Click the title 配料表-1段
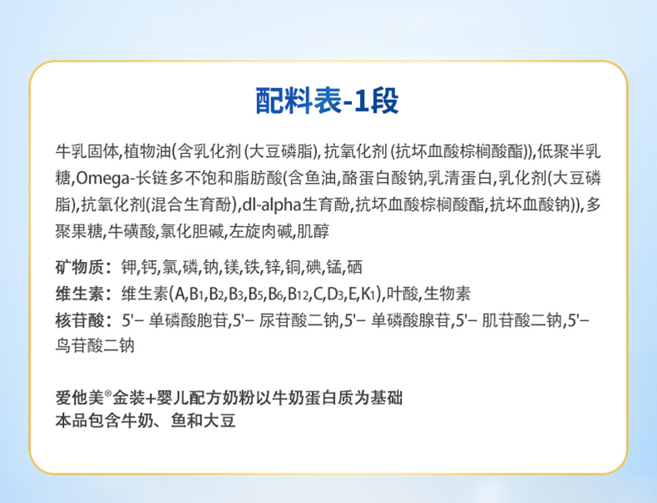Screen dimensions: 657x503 point(327,101)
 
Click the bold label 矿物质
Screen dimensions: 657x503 point(79,267)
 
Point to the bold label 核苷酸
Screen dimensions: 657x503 point(79,321)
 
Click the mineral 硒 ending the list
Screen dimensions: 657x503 point(354,267)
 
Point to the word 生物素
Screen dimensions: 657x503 point(447,294)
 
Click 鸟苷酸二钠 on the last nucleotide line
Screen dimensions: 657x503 point(95,346)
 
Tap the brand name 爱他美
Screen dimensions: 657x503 point(79,397)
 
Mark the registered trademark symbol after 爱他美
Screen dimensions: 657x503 point(107,393)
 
